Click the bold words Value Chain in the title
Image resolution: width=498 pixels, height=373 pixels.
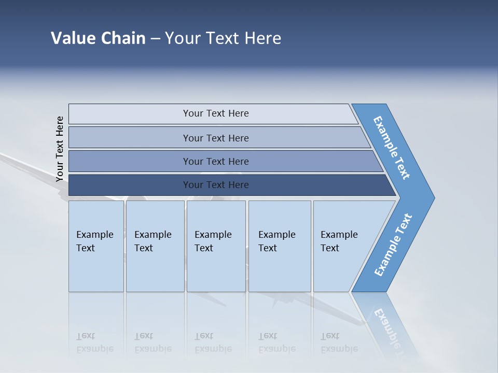pos(98,38)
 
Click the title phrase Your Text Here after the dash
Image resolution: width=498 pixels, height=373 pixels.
pos(223,38)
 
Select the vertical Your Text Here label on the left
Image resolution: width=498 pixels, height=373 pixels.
pos(60,149)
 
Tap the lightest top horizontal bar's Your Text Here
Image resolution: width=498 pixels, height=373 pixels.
pos(216,113)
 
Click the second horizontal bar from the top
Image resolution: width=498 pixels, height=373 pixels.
pos(216,138)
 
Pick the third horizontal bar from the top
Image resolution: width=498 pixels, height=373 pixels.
pos(216,161)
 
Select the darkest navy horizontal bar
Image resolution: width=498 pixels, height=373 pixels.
pos(216,185)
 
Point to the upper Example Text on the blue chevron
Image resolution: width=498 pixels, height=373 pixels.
pos(392,148)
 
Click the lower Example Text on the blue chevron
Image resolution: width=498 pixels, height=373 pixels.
pos(393,245)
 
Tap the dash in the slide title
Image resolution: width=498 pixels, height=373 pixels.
pos(155,39)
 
